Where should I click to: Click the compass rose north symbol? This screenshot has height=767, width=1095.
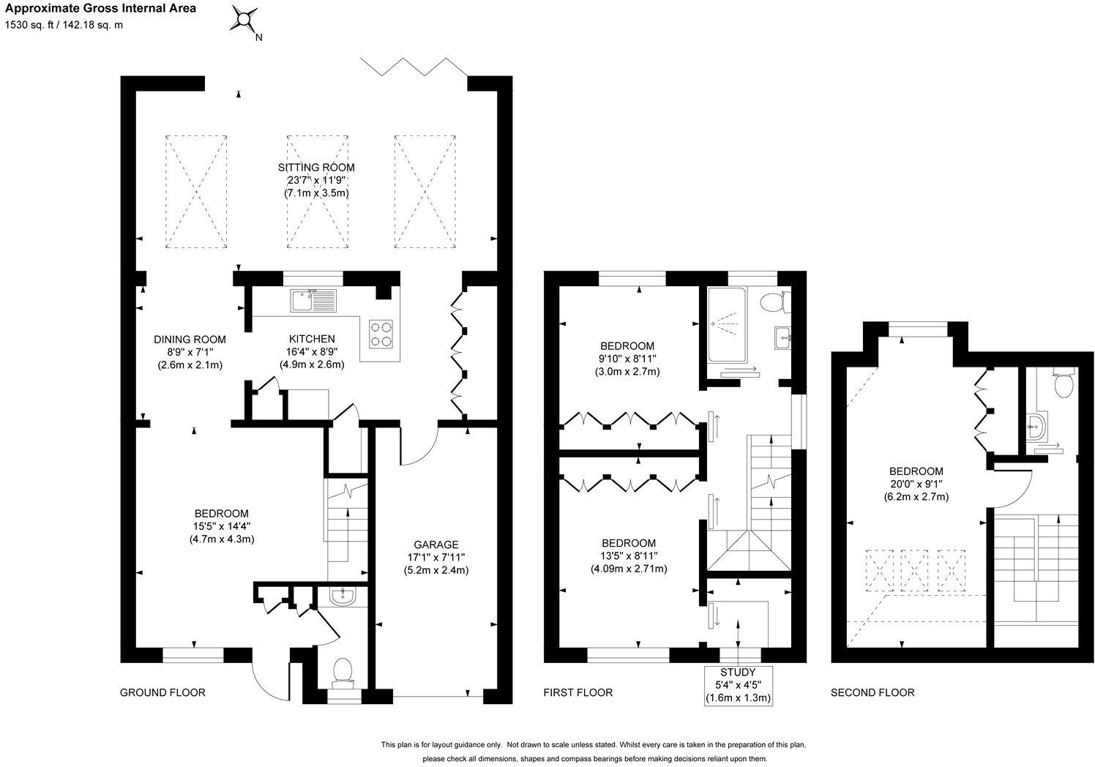click(244, 20)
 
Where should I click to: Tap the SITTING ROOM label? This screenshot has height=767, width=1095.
click(316, 167)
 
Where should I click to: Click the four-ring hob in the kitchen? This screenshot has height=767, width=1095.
click(381, 334)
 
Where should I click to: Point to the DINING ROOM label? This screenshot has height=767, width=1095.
click(190, 340)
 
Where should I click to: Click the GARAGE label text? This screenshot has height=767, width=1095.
click(436, 545)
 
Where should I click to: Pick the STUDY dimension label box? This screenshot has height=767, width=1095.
click(738, 685)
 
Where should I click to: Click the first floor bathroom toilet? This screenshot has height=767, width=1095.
click(776, 302)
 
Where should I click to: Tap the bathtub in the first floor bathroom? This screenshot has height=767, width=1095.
click(727, 325)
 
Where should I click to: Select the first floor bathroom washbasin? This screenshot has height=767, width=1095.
click(783, 338)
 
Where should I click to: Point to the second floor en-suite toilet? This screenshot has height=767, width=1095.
click(1063, 383)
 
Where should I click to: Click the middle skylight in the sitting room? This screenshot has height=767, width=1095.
click(317, 192)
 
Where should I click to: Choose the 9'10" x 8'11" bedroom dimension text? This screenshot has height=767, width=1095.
click(627, 359)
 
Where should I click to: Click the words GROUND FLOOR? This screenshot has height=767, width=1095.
click(162, 692)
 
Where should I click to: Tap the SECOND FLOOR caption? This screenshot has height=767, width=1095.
click(872, 692)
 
